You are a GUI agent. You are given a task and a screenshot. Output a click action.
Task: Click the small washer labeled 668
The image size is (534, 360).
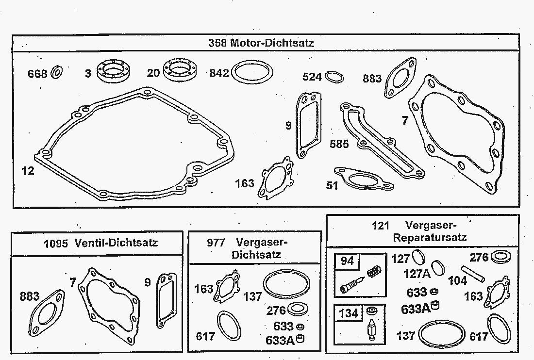pyautogui.click(x=56, y=72)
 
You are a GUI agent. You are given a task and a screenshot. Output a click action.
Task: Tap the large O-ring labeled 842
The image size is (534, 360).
pyautogui.click(x=252, y=72)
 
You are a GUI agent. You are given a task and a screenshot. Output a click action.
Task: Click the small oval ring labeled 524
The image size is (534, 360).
pyautogui.click(x=334, y=77)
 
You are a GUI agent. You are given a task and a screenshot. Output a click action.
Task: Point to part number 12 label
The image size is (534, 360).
pyautogui.click(x=28, y=171)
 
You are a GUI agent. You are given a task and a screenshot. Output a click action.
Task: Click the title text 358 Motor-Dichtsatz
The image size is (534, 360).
pyautogui.click(x=261, y=43)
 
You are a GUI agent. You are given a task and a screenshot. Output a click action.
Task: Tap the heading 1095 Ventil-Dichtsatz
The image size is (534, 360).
pyautogui.click(x=101, y=243)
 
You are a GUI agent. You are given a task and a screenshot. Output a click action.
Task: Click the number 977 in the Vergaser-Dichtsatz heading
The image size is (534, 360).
pyautogui.click(x=216, y=243)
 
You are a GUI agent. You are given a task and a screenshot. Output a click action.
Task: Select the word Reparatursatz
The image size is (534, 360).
pyautogui.click(x=430, y=237)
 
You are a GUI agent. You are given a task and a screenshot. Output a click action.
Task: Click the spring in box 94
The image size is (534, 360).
pyautogui.click(x=374, y=271)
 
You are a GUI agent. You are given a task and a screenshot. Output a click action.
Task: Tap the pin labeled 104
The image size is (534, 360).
pyautogui.click(x=473, y=274)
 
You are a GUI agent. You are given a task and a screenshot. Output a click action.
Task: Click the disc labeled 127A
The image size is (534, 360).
pyautogui.click(x=437, y=268)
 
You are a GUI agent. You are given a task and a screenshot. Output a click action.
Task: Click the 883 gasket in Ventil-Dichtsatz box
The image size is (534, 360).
pyautogui.click(x=47, y=314)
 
